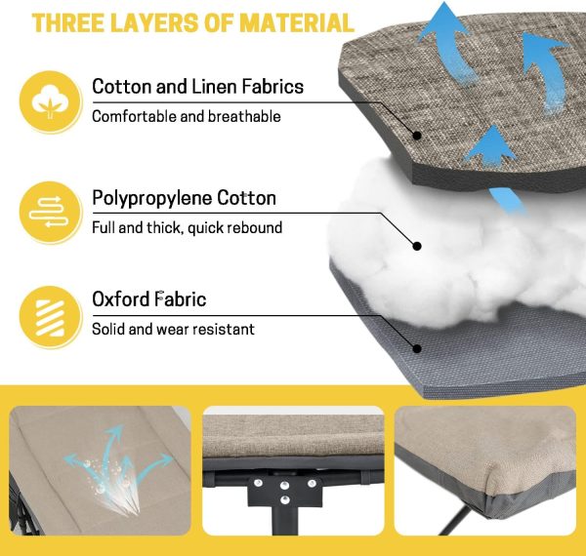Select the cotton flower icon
click(50, 101)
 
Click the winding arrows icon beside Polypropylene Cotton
click(50, 212)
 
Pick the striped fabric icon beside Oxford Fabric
click(50, 317)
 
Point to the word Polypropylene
click(152, 199)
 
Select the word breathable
click(244, 116)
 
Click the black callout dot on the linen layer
click(417, 136)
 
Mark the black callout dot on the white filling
click(417, 246)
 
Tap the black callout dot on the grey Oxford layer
click(417, 348)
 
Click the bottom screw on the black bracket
click(285, 499)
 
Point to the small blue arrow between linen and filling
click(508, 201)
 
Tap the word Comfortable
click(135, 116)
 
